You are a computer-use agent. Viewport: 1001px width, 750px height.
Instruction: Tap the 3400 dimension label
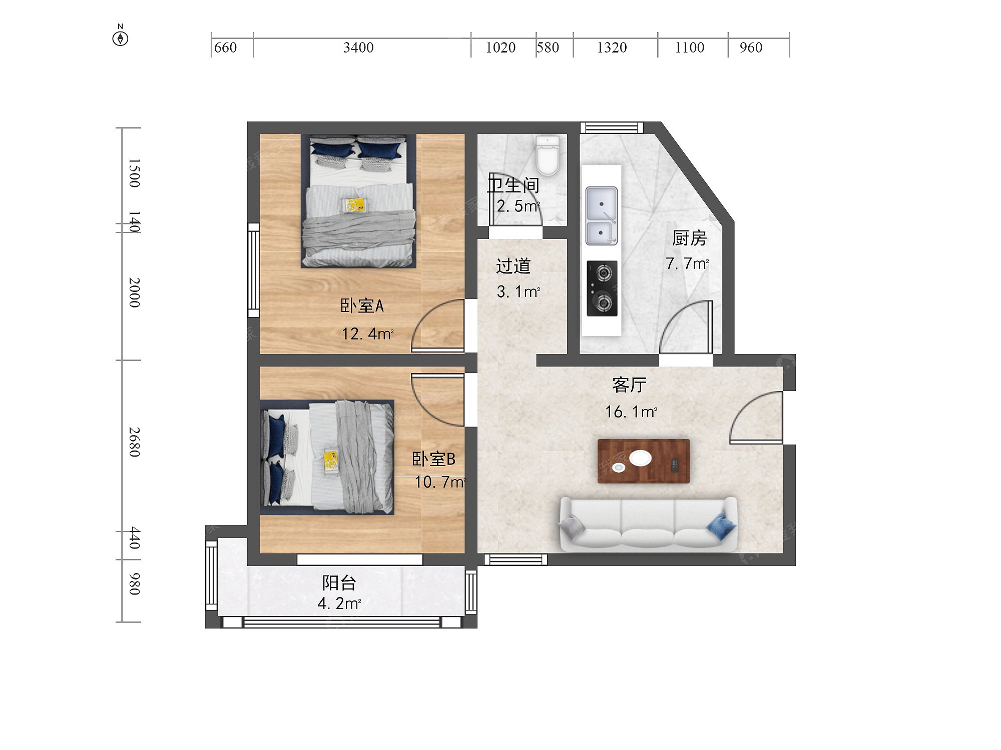[358, 47]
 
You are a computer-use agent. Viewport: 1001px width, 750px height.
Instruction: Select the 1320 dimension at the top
[612, 47]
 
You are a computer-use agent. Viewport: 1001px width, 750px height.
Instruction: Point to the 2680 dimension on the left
[134, 442]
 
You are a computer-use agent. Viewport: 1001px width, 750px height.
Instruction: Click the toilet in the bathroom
[548, 155]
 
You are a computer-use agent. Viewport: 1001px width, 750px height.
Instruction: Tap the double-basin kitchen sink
[602, 216]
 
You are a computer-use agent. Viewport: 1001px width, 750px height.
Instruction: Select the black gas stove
[602, 288]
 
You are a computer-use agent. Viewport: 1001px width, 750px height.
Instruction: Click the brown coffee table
[644, 461]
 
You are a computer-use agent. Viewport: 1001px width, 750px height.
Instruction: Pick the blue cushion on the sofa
[721, 526]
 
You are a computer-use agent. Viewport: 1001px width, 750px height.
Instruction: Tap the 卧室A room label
[362, 305]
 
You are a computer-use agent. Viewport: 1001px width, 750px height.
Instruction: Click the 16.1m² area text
[631, 411]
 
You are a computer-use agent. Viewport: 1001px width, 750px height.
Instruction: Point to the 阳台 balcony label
[339, 582]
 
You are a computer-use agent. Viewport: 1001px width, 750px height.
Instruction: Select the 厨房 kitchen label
[689, 238]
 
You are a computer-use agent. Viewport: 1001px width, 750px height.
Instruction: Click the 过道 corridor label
[513, 266]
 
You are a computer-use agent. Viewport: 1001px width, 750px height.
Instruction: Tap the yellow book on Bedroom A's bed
[354, 205]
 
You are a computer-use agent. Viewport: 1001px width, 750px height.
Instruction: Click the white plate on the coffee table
[640, 457]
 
